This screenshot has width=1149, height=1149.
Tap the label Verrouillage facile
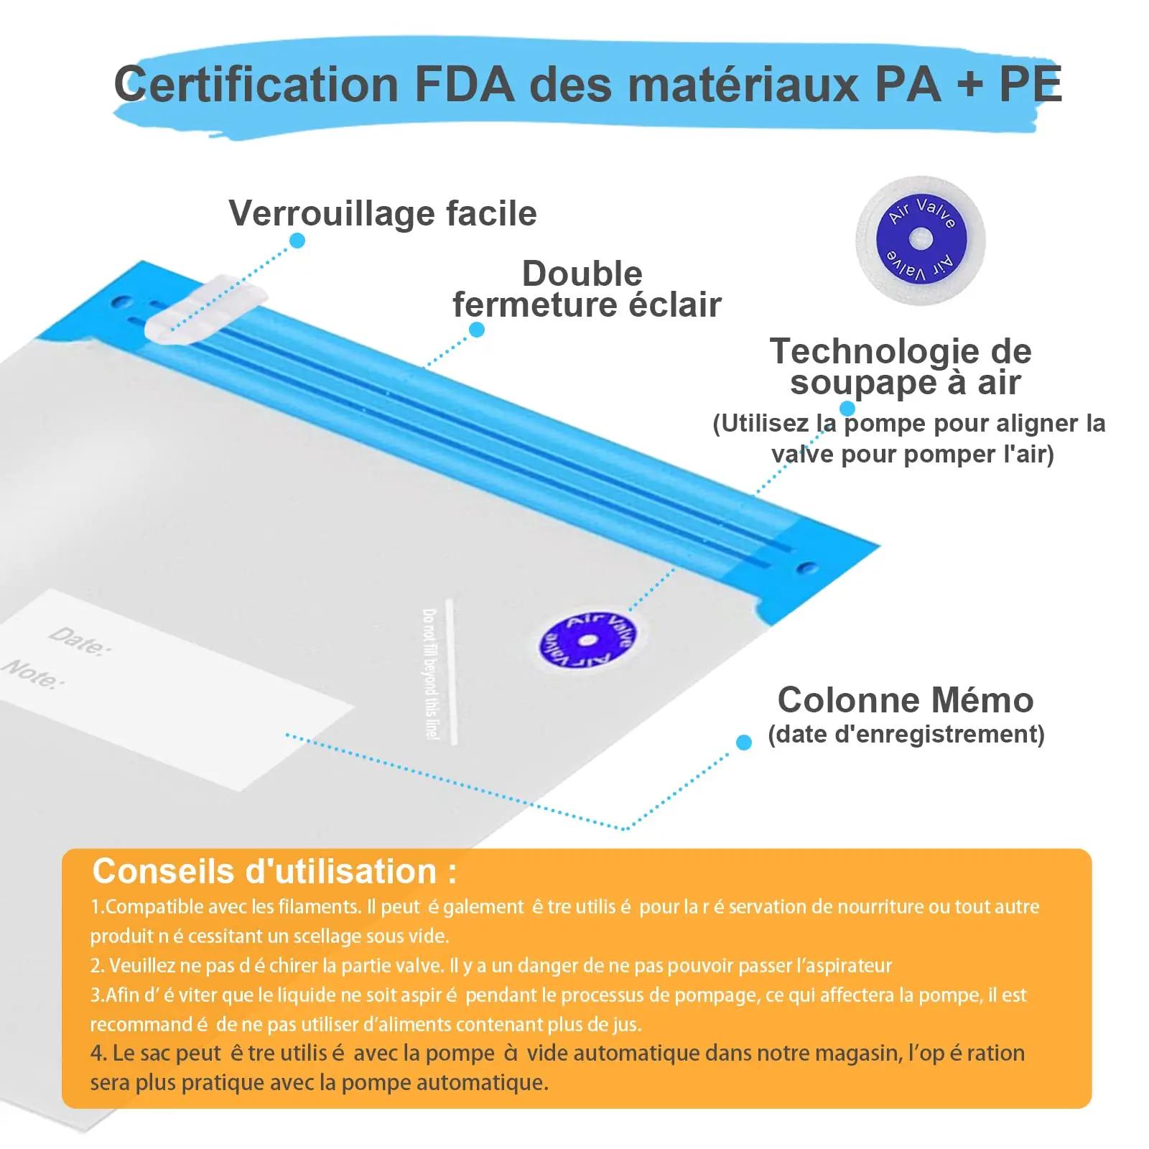(x=383, y=213)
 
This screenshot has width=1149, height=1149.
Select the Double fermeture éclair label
(x=587, y=289)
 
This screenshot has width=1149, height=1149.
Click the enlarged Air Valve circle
(x=920, y=239)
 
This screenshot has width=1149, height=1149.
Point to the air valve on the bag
(x=587, y=639)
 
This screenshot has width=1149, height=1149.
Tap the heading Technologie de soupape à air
(x=901, y=366)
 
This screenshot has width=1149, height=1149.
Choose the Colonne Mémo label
(x=906, y=699)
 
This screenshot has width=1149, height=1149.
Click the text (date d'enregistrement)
(x=906, y=735)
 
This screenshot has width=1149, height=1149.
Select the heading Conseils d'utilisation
(x=274, y=871)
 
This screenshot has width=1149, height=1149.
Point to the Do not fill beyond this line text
(x=429, y=674)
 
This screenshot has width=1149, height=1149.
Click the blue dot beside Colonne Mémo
(x=744, y=742)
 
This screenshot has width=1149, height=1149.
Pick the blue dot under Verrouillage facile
(x=297, y=240)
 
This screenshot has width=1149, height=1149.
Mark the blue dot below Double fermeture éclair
(x=476, y=330)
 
